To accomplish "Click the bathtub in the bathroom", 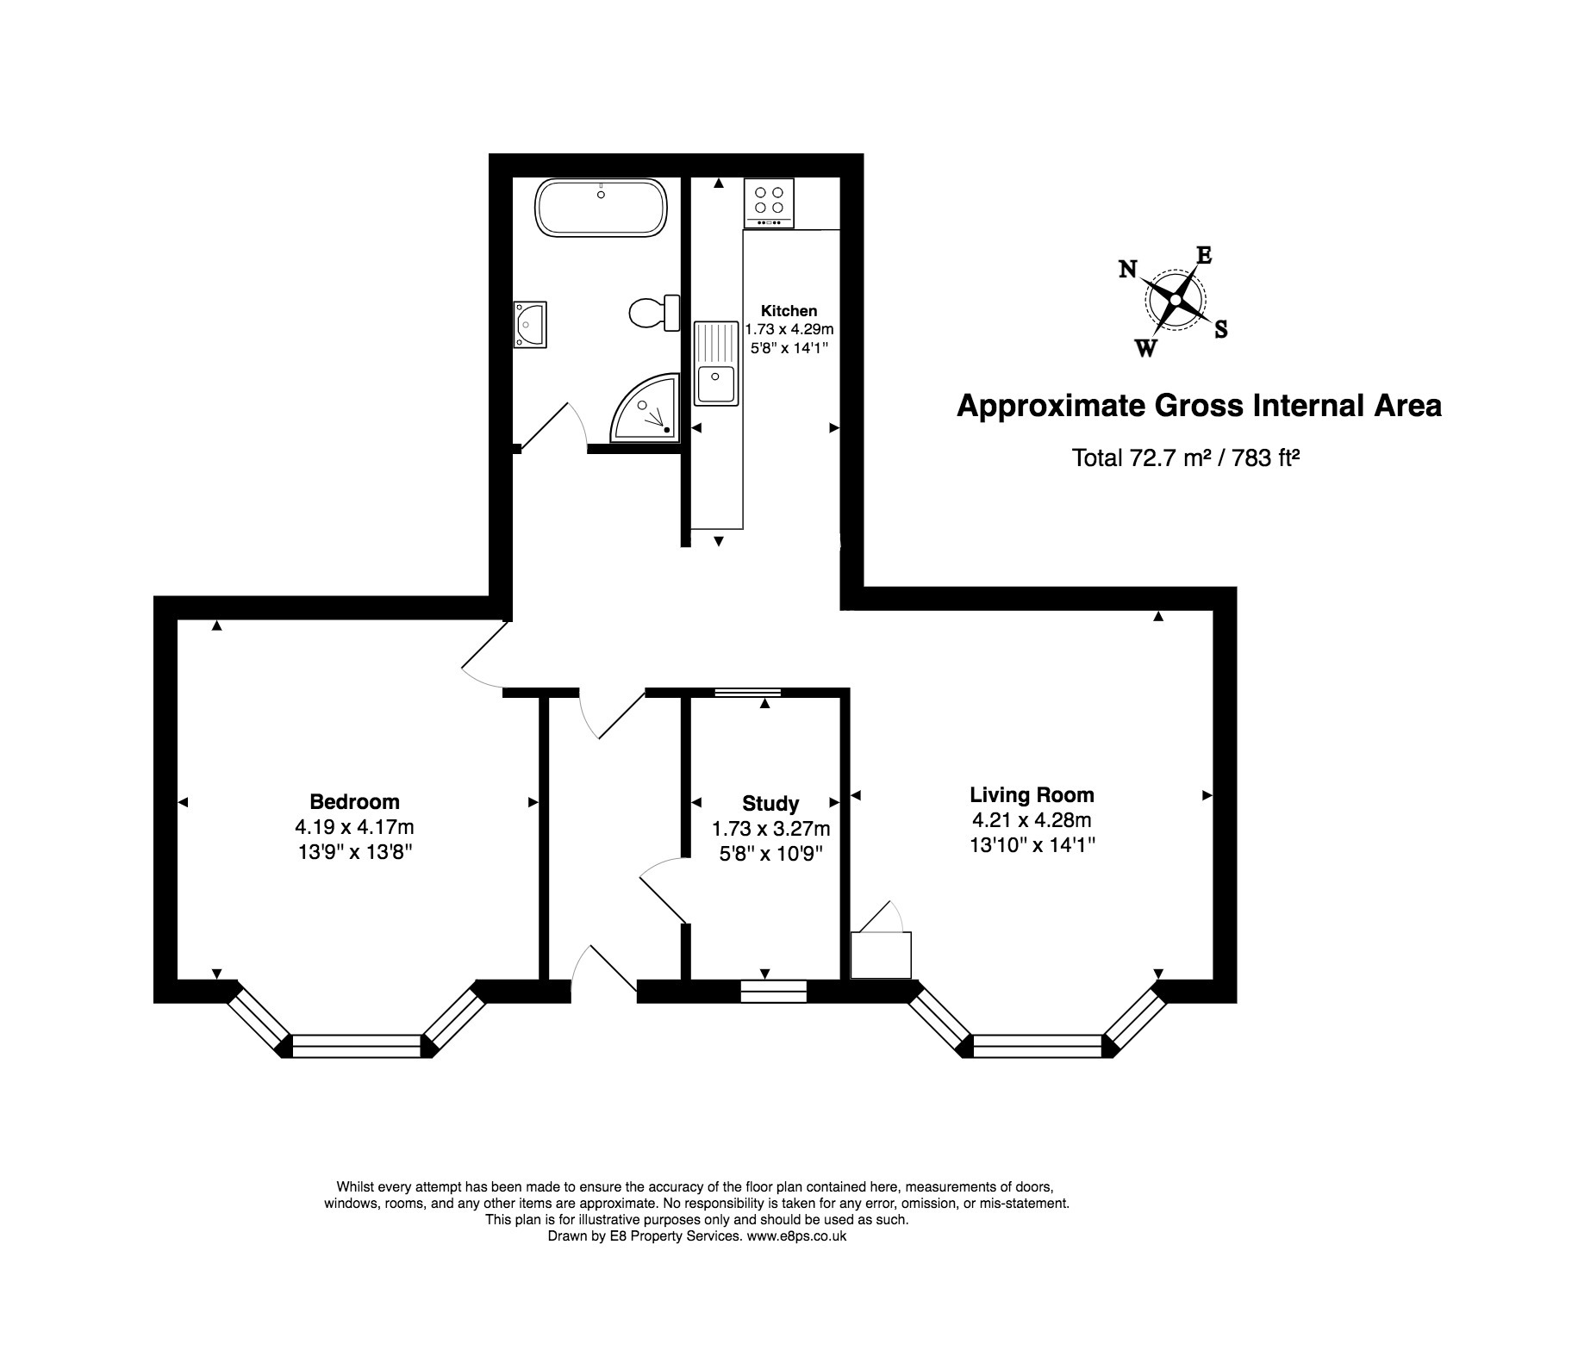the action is click(602, 207).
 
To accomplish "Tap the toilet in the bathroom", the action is click(654, 312).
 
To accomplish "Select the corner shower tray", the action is click(645, 408).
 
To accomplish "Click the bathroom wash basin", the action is click(530, 325).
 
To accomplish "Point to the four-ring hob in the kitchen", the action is click(769, 203).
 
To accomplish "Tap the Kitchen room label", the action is click(789, 311).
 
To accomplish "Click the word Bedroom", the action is click(355, 802).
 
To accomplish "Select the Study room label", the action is click(770, 804).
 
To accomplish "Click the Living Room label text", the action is click(1032, 795).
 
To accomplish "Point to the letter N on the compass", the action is click(1127, 270).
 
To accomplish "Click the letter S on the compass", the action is click(1220, 328).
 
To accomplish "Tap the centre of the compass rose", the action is click(1174, 299).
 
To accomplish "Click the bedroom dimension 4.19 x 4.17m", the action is click(355, 828).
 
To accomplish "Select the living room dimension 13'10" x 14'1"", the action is click(1032, 845).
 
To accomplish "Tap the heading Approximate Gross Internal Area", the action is click(1199, 406).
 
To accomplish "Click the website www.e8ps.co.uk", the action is click(796, 1235).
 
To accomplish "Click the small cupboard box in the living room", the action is click(881, 955).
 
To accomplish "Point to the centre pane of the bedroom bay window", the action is click(356, 1046).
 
